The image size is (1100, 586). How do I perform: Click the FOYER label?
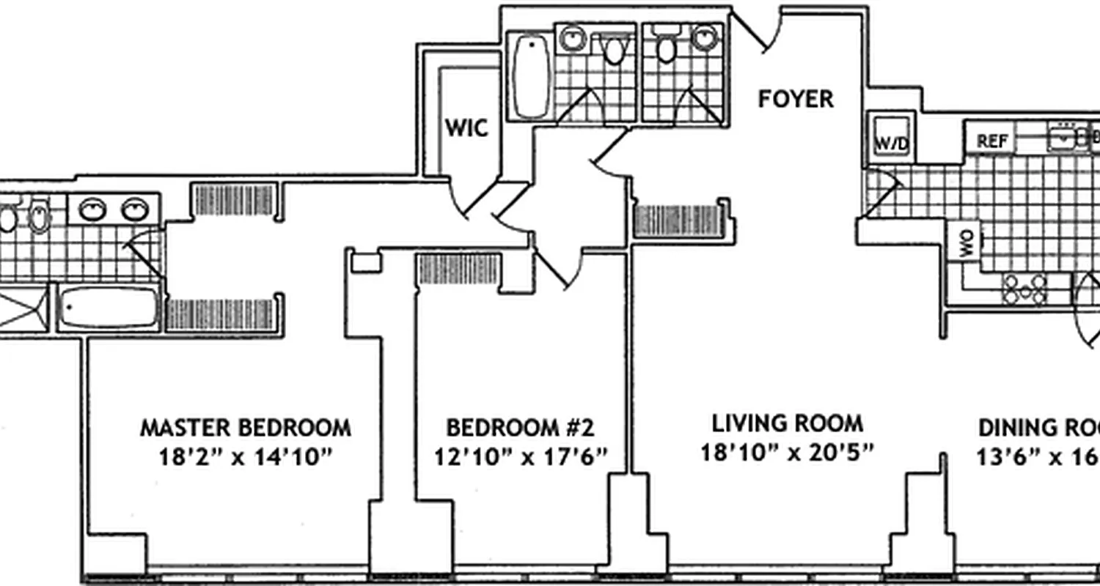[796, 99]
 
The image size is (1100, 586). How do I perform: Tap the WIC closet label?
[466, 128]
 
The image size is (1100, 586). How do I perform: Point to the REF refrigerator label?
[992, 141]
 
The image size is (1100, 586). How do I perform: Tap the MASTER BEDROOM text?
[246, 427]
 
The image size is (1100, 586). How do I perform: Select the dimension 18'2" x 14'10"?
[246, 458]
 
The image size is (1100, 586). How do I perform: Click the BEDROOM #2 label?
[521, 427]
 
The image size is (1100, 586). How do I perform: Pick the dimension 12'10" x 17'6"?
[521, 458]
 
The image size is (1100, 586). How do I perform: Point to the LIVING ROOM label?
[788, 423]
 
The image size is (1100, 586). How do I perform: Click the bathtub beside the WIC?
[530, 75]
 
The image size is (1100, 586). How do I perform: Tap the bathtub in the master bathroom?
[109, 308]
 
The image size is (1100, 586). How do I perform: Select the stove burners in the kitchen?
[1025, 289]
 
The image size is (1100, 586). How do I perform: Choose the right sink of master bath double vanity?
[135, 210]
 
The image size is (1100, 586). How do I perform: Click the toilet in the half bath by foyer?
[667, 48]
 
